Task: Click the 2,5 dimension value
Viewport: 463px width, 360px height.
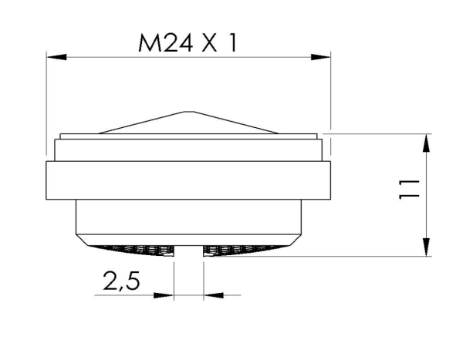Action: click(120, 281)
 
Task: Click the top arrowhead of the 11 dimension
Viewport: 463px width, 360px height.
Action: click(426, 143)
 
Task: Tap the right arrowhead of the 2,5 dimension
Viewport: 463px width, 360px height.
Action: click(211, 294)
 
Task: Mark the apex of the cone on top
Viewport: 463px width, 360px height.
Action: click(188, 111)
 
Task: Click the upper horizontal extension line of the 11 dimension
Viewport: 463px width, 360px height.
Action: click(378, 133)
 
